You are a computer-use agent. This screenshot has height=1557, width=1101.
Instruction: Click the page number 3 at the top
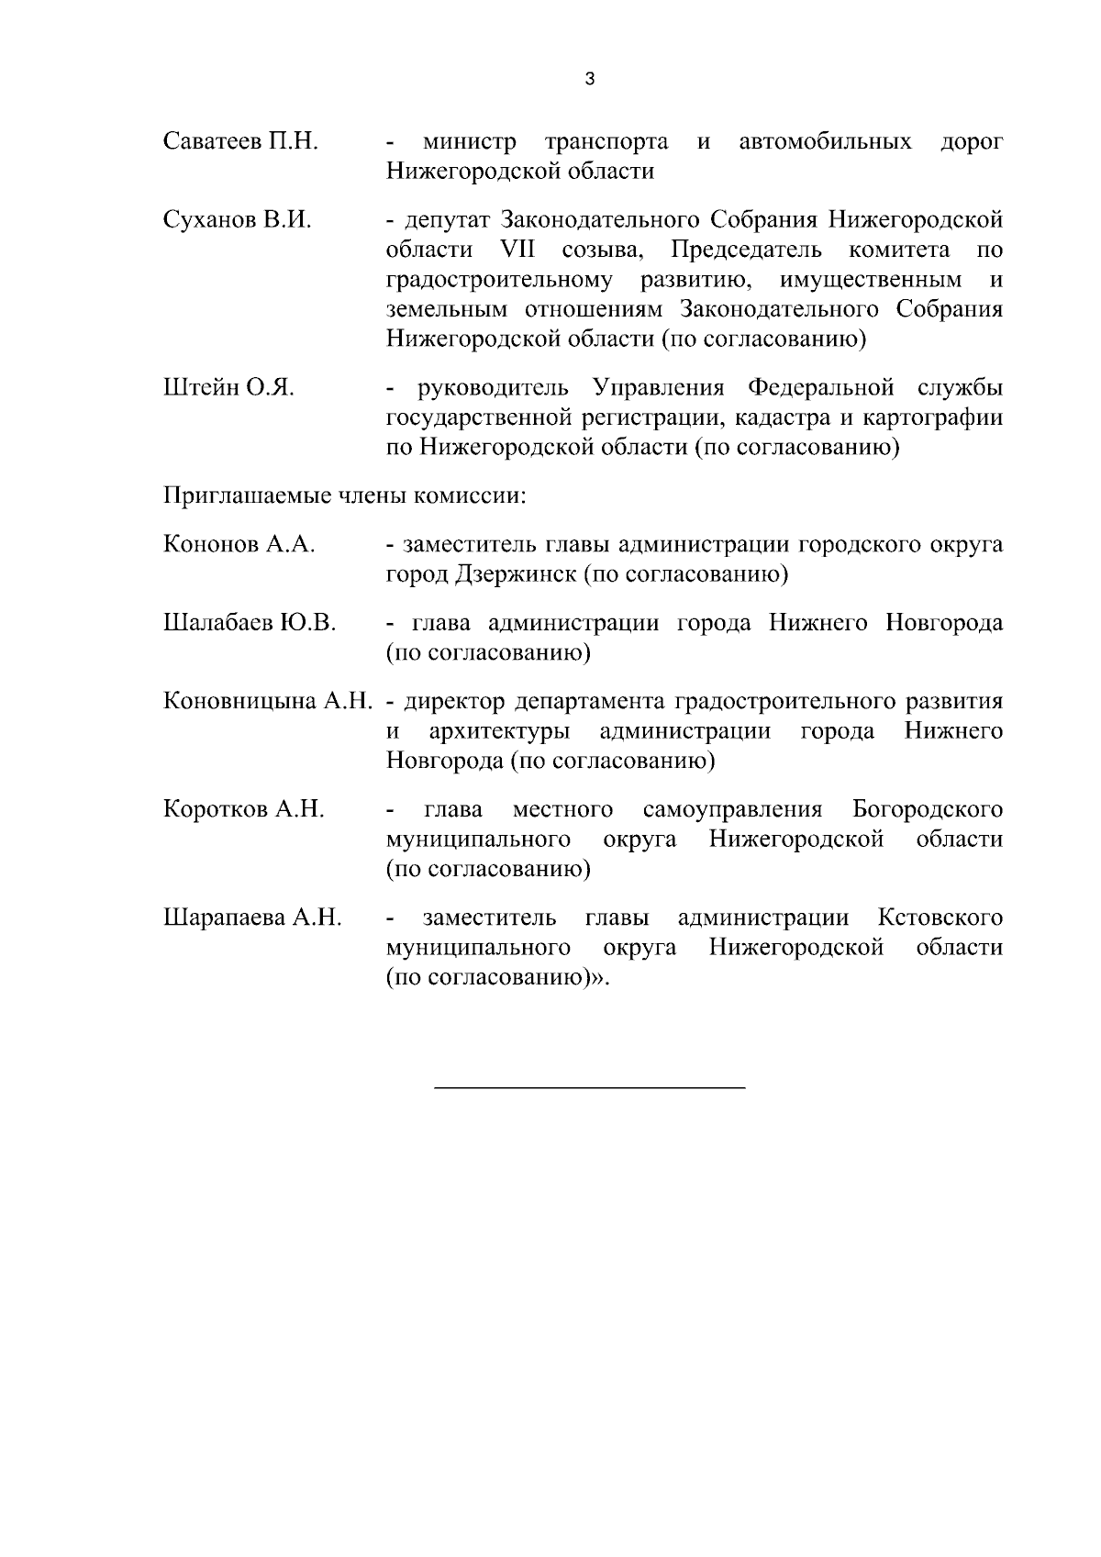click(x=589, y=80)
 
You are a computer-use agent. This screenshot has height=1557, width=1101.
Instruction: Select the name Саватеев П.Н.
click(x=241, y=142)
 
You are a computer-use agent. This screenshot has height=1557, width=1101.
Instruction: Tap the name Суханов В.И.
click(x=238, y=220)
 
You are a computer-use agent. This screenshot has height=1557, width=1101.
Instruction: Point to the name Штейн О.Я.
click(x=228, y=388)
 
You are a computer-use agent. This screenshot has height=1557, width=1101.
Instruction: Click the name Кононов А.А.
click(x=239, y=545)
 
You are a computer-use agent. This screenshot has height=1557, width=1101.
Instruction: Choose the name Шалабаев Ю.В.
click(x=250, y=624)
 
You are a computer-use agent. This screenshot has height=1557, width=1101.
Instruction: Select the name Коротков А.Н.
click(x=243, y=810)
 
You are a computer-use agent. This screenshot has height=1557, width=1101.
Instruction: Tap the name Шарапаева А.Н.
click(x=252, y=918)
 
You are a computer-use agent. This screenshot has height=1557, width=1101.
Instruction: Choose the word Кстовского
click(x=940, y=918)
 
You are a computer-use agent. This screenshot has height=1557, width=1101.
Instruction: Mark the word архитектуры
click(x=498, y=732)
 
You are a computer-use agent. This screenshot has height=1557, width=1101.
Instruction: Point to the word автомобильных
click(x=825, y=142)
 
